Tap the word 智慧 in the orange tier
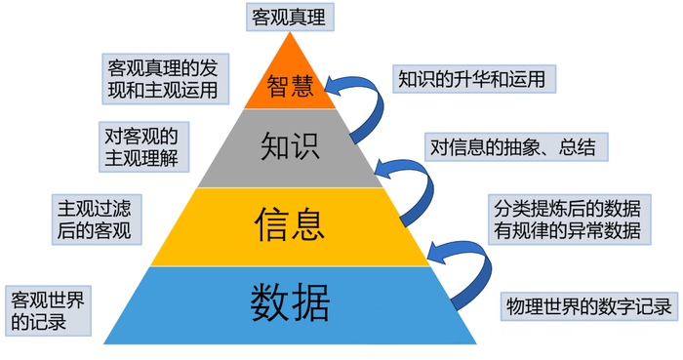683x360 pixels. coord(290,87)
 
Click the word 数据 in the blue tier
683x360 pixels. coord(291,300)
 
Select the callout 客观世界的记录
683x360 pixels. coord(46,310)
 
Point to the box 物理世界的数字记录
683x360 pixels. coord(589,306)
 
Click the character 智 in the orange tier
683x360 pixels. coord(277,87)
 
